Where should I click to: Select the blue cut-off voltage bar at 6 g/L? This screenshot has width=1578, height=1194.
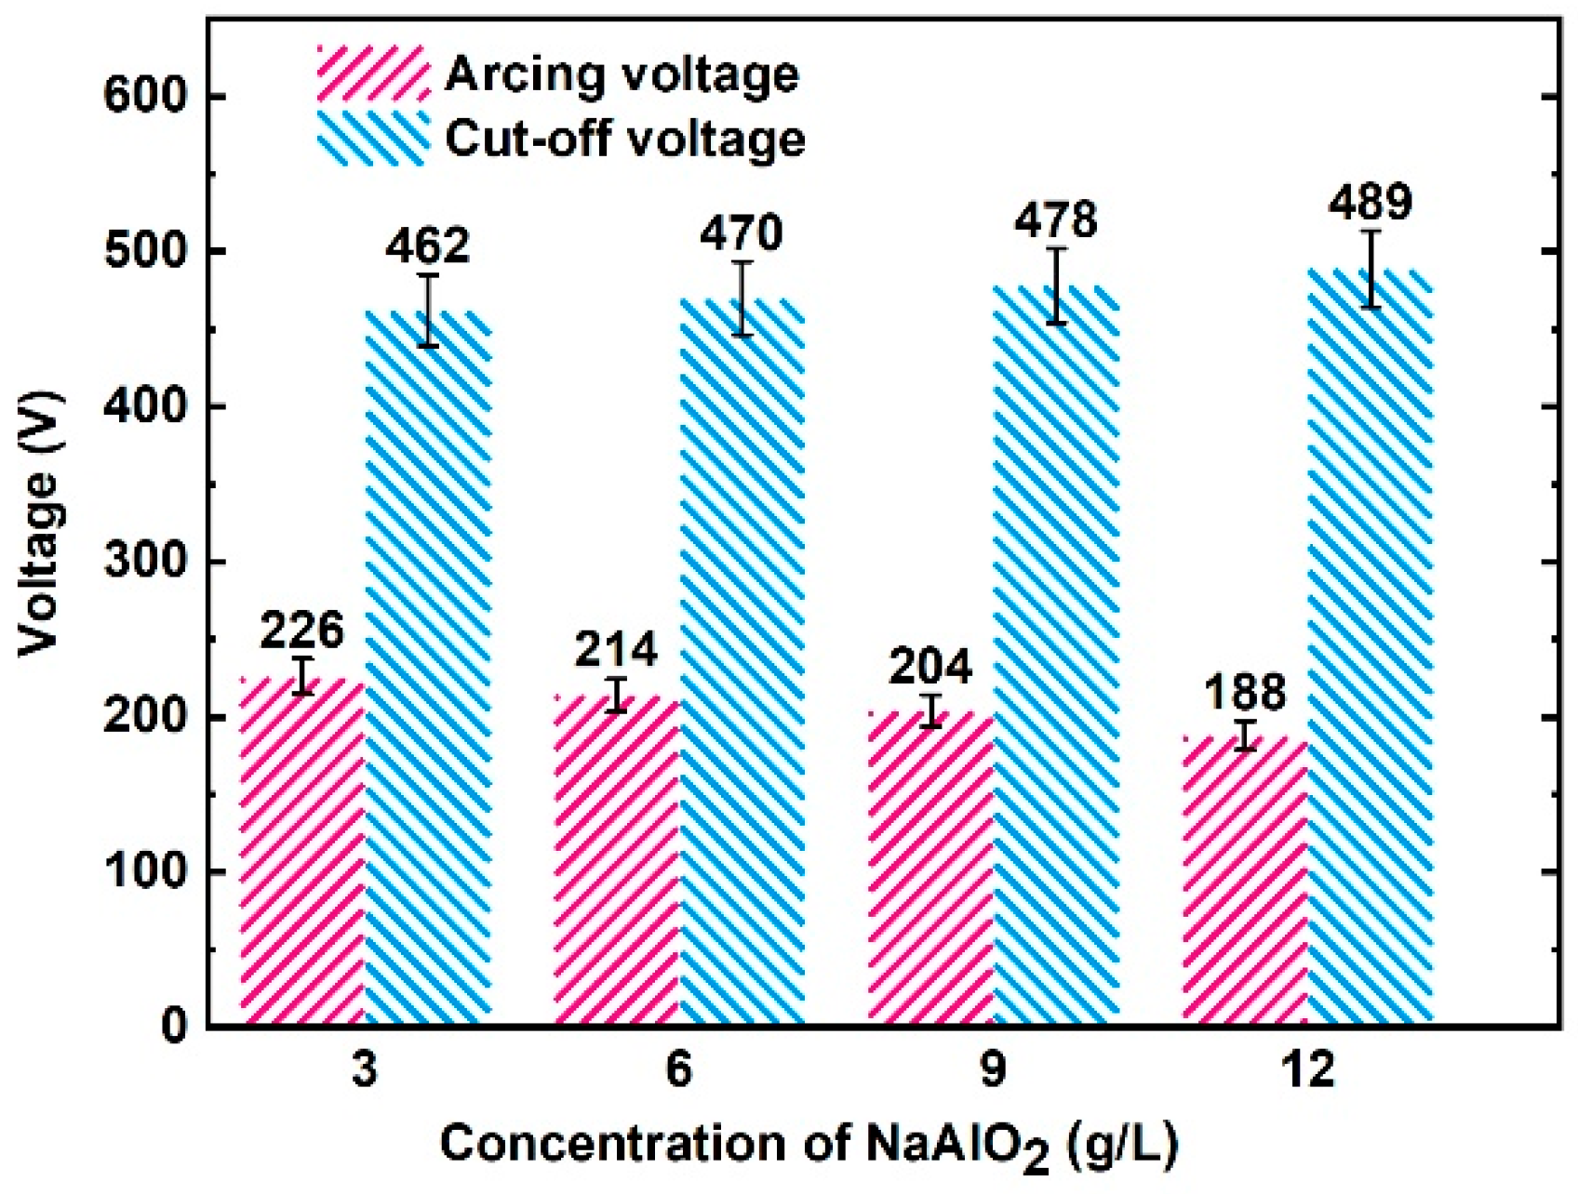[x=742, y=660]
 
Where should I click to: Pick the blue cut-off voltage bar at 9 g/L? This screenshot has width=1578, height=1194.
[x=1056, y=656]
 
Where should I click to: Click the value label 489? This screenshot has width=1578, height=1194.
[x=1371, y=202]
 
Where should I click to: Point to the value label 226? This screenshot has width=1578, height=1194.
[x=301, y=631]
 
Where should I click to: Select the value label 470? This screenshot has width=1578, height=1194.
[x=742, y=233]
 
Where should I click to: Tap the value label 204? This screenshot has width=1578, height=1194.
[x=930, y=668]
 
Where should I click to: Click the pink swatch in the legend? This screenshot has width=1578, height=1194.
[x=373, y=73]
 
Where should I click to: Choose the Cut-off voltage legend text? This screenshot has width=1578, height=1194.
[x=624, y=139]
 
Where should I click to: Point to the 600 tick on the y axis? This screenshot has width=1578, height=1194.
[x=150, y=97]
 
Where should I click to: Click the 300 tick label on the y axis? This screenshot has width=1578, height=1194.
[x=150, y=563]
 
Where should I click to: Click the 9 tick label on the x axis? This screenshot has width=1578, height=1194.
[x=993, y=1070]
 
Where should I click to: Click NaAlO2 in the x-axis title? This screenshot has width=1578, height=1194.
[x=958, y=1145]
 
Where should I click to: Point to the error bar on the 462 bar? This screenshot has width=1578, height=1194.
[x=428, y=311]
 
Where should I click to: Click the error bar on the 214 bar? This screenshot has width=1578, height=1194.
[x=616, y=696]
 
